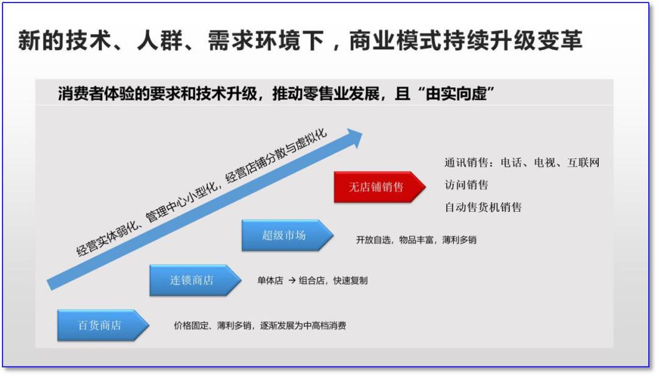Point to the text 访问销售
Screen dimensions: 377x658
coord(466,185)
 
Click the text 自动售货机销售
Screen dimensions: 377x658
coord(483,207)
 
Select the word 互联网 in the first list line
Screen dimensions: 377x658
coord(584,163)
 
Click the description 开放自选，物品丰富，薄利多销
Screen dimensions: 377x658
coord(416,240)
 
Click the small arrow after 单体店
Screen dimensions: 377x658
coord(291,281)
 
